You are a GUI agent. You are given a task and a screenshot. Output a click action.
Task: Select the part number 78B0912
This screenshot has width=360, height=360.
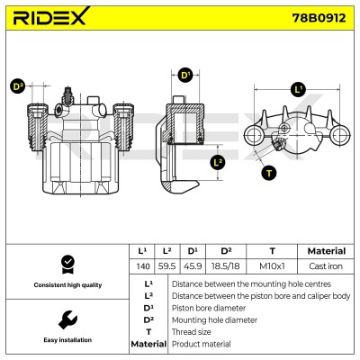tap(319, 18)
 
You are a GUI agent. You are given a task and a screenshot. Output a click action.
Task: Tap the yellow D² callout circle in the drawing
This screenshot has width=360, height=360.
tap(18, 86)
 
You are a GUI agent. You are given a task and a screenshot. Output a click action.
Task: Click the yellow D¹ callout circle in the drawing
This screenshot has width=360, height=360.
tap(185, 75)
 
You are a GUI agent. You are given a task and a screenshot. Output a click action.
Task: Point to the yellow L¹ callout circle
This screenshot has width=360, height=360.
tap(298, 89)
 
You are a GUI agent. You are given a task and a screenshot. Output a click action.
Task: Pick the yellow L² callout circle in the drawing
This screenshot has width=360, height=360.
tap(218, 163)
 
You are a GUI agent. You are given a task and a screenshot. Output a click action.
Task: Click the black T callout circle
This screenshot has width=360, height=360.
tap(268, 173)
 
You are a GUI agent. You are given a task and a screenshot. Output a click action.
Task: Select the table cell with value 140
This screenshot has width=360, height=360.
tap(143, 266)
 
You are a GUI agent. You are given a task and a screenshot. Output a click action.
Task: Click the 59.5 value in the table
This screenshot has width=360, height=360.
tap(166, 266)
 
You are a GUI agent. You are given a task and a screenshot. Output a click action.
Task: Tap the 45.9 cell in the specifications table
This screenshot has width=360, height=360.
tap(193, 266)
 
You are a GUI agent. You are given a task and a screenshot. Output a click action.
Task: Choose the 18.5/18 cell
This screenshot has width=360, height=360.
tap(226, 266)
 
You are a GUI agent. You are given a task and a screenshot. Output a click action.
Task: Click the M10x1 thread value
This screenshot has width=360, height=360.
tap(272, 266)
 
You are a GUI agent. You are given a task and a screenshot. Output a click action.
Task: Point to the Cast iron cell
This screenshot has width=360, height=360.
tap(326, 266)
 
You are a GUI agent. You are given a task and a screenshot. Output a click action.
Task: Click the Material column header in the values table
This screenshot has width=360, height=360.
tap(327, 251)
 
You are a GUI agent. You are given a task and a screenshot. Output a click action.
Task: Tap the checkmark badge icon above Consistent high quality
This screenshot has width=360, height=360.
tap(67, 265)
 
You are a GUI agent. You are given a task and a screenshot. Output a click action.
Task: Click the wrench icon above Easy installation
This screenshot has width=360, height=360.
tap(67, 319)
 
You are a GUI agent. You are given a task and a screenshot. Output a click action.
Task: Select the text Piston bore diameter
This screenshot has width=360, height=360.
tap(209, 308)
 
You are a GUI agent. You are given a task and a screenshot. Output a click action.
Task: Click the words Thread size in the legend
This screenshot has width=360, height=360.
tap(192, 332)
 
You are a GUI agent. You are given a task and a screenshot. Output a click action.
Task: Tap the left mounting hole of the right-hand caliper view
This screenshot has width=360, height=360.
tap(255, 135)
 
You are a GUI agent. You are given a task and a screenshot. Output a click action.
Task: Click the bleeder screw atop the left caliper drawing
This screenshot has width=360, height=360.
tap(68, 96)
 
